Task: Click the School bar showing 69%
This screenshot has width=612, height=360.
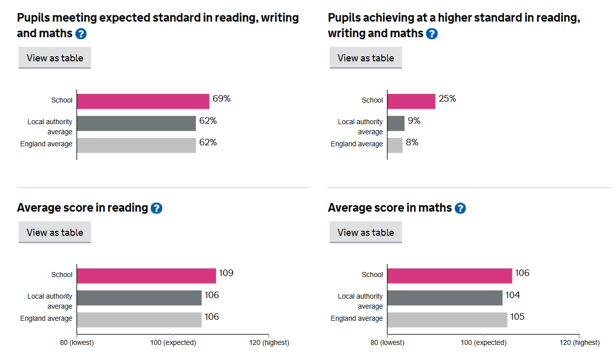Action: click(x=143, y=101)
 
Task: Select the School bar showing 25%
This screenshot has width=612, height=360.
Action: click(x=411, y=101)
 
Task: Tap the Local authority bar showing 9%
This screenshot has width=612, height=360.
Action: click(x=396, y=123)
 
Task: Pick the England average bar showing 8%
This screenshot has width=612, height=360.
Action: click(x=395, y=145)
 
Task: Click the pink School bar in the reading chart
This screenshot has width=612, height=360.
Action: click(x=146, y=276)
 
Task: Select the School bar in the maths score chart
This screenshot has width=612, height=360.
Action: click(x=450, y=276)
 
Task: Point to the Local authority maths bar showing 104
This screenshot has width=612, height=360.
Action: click(x=445, y=298)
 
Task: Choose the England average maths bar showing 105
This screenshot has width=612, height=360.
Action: click(x=447, y=320)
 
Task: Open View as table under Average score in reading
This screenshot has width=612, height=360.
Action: click(x=55, y=232)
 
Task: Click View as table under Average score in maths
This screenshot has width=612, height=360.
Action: click(x=366, y=232)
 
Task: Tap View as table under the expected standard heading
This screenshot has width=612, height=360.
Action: click(x=55, y=58)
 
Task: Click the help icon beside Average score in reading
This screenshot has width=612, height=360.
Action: click(x=156, y=208)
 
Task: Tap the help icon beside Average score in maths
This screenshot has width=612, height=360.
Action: click(x=460, y=208)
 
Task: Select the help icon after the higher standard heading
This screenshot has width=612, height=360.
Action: click(x=432, y=34)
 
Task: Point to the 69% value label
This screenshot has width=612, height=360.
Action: click(x=222, y=99)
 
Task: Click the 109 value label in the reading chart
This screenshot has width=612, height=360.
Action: click(x=226, y=274)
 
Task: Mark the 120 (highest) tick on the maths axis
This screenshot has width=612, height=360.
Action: click(x=579, y=343)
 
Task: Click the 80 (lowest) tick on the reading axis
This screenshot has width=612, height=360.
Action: click(x=77, y=343)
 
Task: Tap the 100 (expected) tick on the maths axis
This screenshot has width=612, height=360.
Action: click(x=483, y=343)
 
